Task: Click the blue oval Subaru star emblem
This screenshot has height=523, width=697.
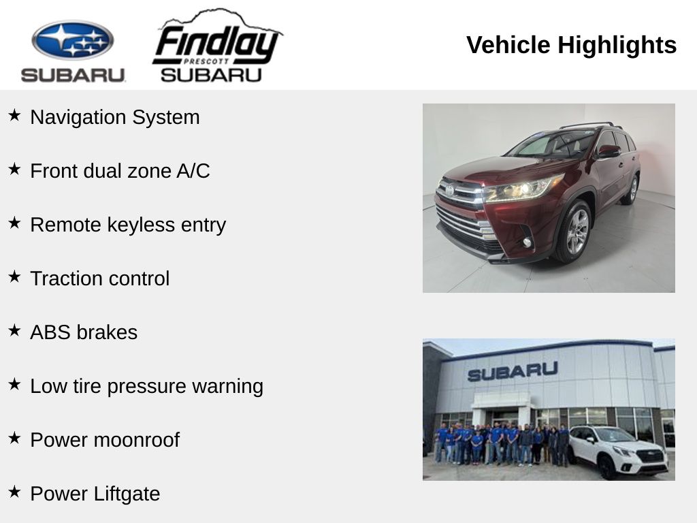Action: [72, 40]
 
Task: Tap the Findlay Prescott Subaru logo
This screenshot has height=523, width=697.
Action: [217, 46]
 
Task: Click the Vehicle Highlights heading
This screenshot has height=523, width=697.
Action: [571, 45]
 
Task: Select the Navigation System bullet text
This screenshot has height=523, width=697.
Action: [114, 117]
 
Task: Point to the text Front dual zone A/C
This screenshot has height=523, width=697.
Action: [120, 171]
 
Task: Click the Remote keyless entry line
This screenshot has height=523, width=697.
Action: [128, 225]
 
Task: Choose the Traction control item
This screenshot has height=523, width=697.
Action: [100, 279]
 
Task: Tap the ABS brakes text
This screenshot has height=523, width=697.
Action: [84, 332]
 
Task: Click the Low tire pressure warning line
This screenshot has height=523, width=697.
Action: [147, 387]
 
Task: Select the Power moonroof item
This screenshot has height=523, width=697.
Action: [105, 441]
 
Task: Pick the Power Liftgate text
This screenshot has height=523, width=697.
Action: [95, 494]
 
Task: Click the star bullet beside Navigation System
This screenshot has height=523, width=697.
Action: [14, 115]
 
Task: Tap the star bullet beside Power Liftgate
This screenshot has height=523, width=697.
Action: [14, 492]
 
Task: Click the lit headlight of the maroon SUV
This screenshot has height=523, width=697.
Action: [522, 189]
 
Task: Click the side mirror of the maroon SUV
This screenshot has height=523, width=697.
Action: [608, 152]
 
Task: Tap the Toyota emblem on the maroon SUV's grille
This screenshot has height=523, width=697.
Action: [450, 191]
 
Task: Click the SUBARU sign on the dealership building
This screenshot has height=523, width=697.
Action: [513, 371]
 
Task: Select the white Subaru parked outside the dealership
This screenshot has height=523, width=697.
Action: [618, 451]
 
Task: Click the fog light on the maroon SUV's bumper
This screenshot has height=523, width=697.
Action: [528, 242]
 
